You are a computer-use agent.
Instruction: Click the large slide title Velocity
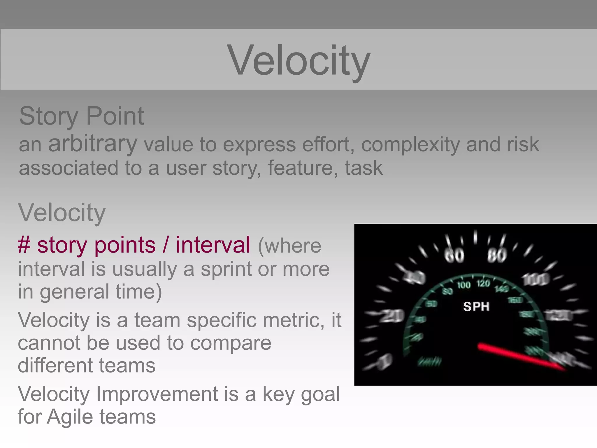(x=298, y=60)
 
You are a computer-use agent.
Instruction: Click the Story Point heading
(x=81, y=116)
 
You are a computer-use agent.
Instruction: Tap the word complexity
(x=410, y=145)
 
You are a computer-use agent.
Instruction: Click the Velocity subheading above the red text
(x=62, y=213)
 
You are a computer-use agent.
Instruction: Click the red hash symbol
(x=24, y=245)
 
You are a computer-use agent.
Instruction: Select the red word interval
(x=213, y=245)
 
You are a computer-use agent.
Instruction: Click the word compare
(x=231, y=343)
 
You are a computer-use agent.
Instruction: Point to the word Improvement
(x=157, y=394)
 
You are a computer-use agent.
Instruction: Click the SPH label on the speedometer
(x=476, y=307)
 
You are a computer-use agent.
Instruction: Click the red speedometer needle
(x=519, y=356)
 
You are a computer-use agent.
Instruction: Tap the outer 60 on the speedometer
(x=454, y=256)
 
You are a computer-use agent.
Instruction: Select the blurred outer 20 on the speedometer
(x=392, y=316)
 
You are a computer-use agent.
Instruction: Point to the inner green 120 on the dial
(x=483, y=283)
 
